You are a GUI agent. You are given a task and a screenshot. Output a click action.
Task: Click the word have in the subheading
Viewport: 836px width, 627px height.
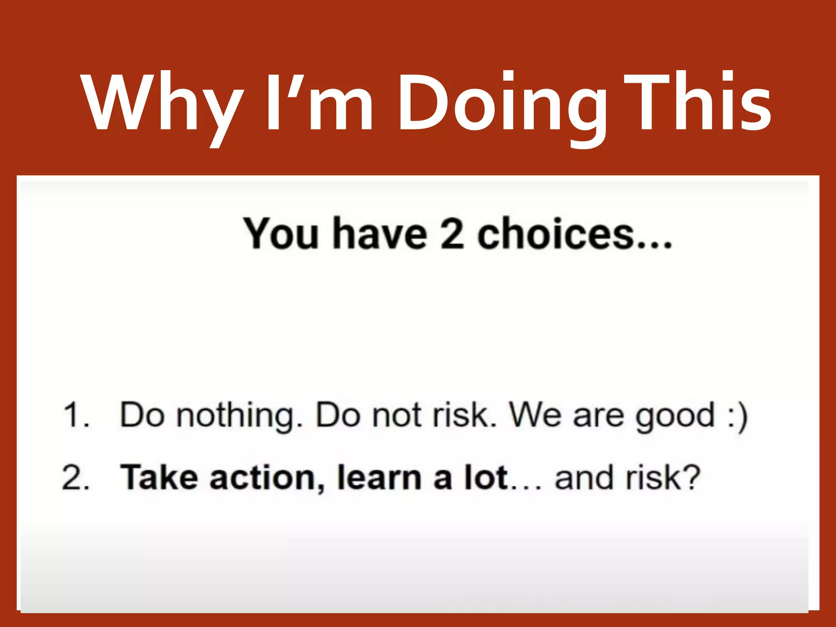click(x=380, y=233)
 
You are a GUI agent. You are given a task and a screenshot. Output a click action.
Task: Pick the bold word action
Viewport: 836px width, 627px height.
click(x=267, y=478)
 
